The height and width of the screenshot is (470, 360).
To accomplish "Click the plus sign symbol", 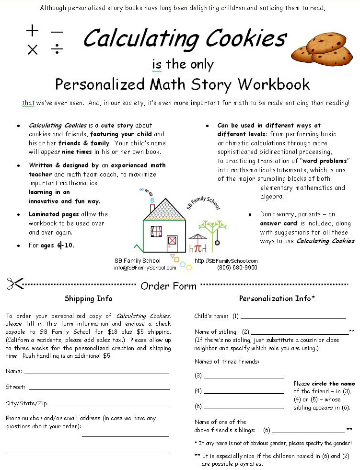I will [32, 31].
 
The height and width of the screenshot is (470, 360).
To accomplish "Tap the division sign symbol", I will [57, 49].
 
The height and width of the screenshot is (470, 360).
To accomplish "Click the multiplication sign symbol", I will [32, 49].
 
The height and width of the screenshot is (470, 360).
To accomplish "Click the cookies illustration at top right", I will [322, 49].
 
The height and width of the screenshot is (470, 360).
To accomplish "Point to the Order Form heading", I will [168, 286].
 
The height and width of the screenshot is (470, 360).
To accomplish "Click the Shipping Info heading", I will [88, 299].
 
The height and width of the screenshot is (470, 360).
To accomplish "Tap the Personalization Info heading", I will [277, 299].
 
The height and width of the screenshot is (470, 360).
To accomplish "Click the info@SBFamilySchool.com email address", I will [145, 268].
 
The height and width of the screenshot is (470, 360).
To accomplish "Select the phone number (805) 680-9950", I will [237, 268].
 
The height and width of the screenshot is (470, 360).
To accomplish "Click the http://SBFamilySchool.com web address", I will [226, 261].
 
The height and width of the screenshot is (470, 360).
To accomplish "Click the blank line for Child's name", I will [293, 317].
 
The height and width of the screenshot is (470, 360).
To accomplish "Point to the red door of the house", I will [172, 241].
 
